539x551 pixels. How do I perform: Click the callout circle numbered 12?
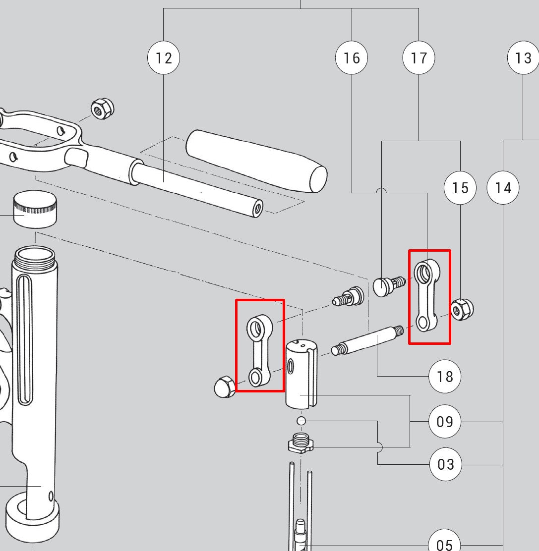(164, 58)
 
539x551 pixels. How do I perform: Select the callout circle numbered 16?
(352, 58)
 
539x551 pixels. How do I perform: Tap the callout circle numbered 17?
(419, 58)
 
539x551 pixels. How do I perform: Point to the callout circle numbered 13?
(523, 58)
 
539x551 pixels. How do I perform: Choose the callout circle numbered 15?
(460, 188)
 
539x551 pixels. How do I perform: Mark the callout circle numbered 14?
(503, 188)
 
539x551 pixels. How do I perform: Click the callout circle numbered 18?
(445, 377)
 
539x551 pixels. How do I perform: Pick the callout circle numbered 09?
(445, 422)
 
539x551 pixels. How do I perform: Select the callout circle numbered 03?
(445, 464)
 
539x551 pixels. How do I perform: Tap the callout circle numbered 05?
(444, 544)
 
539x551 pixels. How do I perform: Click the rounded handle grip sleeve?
(256, 161)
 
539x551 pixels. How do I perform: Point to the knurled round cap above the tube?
(34, 209)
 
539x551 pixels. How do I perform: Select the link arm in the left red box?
(259, 350)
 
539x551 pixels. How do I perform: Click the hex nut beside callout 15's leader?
(462, 309)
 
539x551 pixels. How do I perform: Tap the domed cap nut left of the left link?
(225, 386)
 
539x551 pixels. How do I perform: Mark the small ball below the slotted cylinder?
(301, 421)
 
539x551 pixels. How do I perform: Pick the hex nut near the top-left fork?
(103, 109)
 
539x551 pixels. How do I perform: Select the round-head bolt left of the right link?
(387, 286)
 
